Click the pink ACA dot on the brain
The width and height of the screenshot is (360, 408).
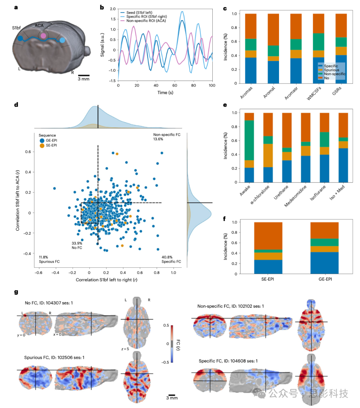click(43, 36)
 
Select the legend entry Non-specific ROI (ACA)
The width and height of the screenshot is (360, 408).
click(146, 21)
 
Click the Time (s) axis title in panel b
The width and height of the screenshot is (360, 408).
click(165, 92)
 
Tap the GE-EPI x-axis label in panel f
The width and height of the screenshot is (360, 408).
click(325, 279)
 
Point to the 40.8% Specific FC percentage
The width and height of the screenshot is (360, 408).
click(167, 257)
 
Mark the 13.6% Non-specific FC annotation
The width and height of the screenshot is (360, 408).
click(158, 139)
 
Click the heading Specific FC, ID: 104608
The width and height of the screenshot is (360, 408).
click(228, 361)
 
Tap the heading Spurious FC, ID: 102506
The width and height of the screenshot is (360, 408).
click(54, 357)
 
